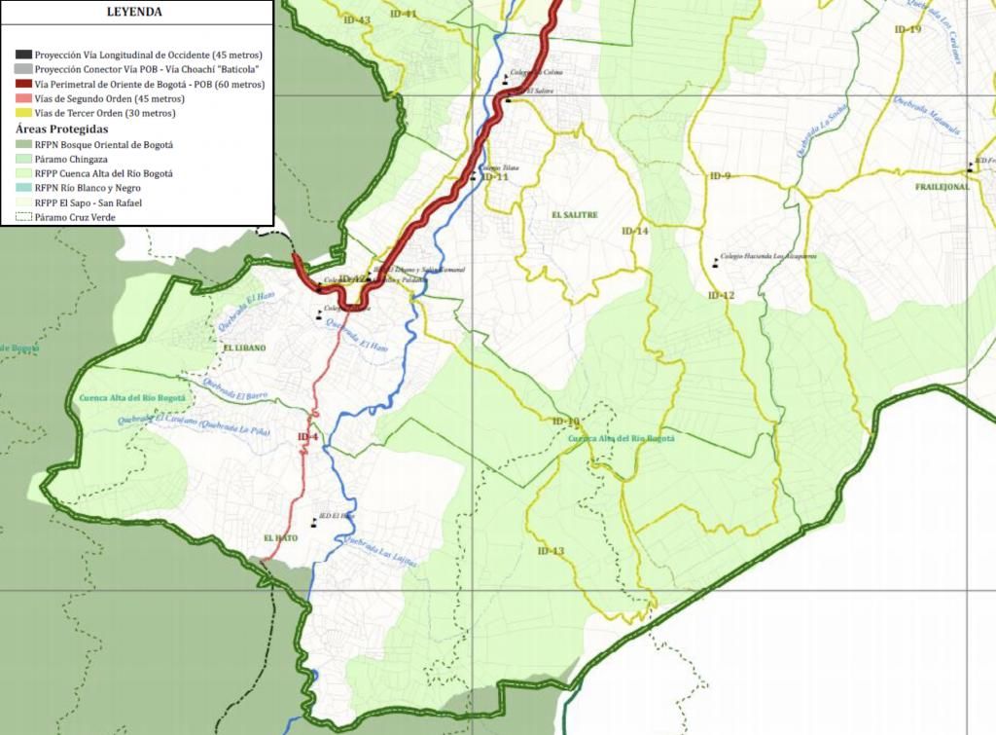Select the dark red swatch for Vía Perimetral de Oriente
tap(24, 85)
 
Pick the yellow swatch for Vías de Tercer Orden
tap(24, 113)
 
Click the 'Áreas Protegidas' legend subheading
tap(61, 129)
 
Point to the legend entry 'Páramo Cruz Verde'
tap(74, 217)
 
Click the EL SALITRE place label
tap(574, 214)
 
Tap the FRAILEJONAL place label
tap(941, 186)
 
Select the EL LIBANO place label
tap(243, 348)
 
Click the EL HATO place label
tap(281, 537)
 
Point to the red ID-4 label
tap(307, 437)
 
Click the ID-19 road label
tap(907, 29)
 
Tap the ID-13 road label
tap(551, 551)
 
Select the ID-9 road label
tap(720, 175)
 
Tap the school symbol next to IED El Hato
tap(314, 524)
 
